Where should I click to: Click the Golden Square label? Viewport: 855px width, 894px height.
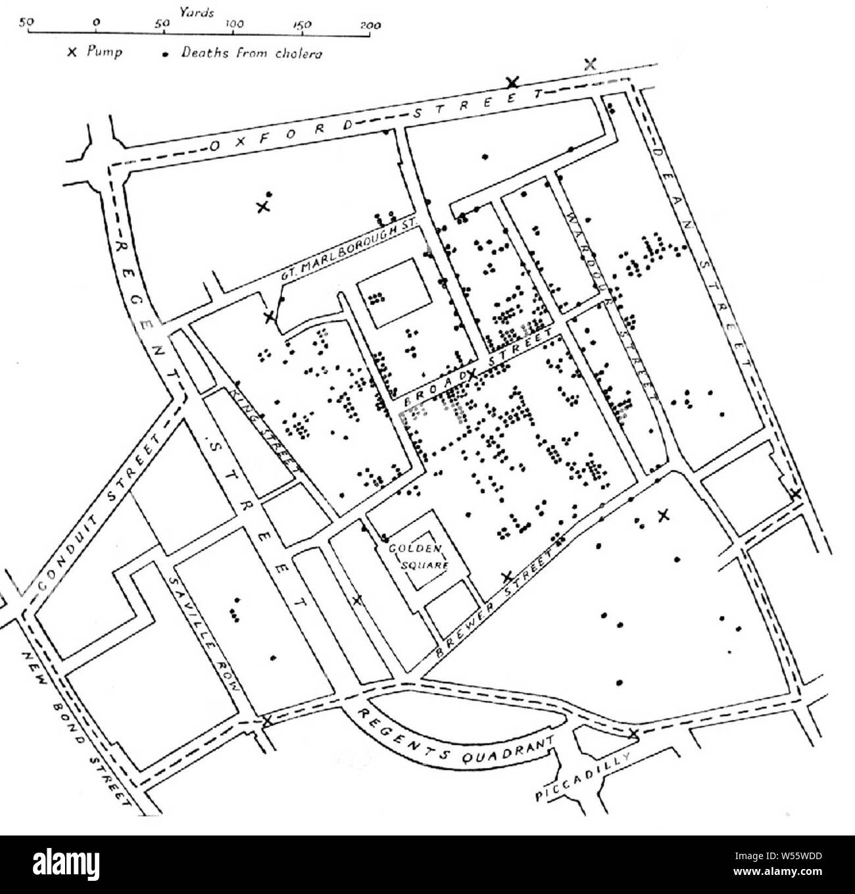[418, 555]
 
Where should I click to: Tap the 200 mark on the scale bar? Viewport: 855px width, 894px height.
[371, 24]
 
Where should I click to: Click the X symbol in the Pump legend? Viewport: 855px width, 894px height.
[72, 53]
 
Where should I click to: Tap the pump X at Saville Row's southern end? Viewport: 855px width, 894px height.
[267, 721]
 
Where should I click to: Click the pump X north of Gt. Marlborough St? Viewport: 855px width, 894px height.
[263, 206]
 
